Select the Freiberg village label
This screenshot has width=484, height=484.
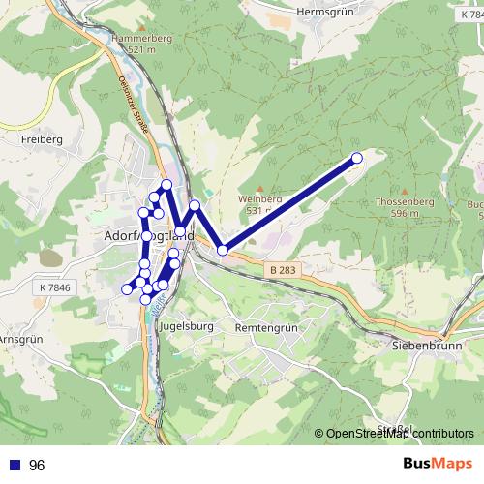click(x=41, y=139)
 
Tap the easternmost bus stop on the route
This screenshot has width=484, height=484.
click(x=356, y=158)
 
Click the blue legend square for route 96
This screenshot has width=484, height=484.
click(x=15, y=466)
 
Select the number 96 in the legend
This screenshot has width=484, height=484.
click(x=38, y=466)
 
